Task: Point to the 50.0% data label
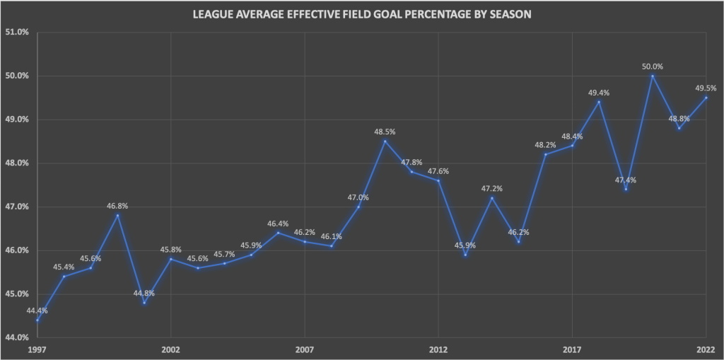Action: tap(652, 66)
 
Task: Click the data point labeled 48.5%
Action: tap(385, 141)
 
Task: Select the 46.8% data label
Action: tap(117, 206)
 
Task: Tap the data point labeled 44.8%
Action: tap(144, 303)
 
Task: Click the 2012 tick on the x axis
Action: tap(438, 350)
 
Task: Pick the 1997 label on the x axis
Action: tap(37, 350)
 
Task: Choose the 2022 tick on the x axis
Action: tap(706, 350)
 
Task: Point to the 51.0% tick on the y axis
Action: tap(17, 32)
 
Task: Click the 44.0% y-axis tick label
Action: tap(17, 338)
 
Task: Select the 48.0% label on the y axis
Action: tap(17, 163)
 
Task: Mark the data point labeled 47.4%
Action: tap(626, 189)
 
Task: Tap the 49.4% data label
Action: tap(599, 93)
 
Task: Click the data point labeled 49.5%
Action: tap(706, 98)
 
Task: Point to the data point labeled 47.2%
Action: tap(492, 198)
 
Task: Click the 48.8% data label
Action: tap(678, 119)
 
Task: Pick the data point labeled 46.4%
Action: tap(278, 233)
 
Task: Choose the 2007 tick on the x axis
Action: tap(305, 350)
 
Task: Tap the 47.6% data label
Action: tap(438, 171)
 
